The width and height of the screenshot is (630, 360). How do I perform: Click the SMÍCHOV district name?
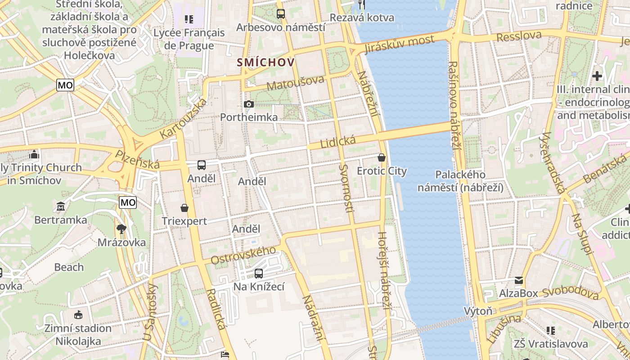[x=266, y=63]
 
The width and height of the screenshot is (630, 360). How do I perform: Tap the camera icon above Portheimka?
[x=248, y=104]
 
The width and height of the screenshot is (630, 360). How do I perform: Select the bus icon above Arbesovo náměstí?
[x=281, y=14]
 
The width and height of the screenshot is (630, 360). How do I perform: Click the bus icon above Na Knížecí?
[x=259, y=273]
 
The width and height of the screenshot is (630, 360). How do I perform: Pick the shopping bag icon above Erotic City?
[x=382, y=157]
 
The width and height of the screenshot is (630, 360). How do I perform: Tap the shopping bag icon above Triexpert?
[x=184, y=208]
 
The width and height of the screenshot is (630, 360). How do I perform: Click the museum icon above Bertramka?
[x=61, y=207]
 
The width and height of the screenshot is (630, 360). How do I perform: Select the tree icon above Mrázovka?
[x=121, y=229]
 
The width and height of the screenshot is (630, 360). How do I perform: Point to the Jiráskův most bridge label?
[x=400, y=44]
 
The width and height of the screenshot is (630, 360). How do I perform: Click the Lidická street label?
[x=338, y=142]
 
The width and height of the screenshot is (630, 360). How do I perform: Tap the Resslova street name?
[x=519, y=36]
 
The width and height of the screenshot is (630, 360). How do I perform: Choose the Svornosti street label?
[x=346, y=188]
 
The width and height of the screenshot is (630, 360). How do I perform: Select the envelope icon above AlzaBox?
[x=519, y=280]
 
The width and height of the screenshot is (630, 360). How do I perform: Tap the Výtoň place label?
[x=478, y=311]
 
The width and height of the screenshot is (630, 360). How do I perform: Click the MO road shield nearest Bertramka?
[x=128, y=202]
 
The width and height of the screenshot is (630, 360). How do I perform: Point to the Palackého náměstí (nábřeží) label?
[x=460, y=181]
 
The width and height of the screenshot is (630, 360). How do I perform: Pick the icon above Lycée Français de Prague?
[x=189, y=19]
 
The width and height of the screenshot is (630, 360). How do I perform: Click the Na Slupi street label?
[x=581, y=234]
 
